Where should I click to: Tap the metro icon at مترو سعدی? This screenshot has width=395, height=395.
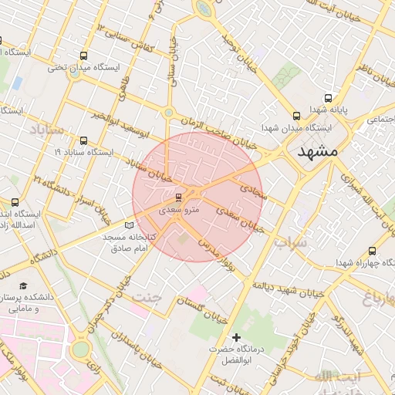179,197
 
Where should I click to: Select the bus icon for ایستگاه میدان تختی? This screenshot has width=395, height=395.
83,56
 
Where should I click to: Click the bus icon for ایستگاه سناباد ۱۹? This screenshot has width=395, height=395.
83,140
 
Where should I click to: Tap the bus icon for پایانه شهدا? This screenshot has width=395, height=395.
329,98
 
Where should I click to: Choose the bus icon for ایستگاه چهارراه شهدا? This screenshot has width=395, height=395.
373,251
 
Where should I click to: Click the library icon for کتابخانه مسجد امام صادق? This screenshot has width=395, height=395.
128,224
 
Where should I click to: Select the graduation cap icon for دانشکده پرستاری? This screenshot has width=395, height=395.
22,285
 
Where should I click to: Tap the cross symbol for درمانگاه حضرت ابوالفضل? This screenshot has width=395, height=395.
236,337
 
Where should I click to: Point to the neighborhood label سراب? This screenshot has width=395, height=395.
290,241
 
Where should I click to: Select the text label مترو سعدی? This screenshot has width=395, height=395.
179,210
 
